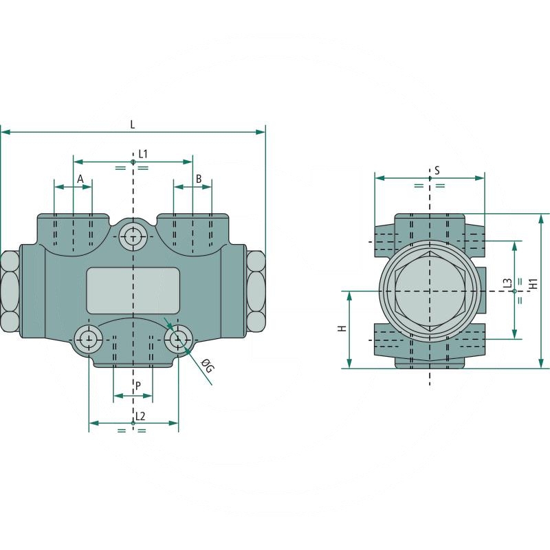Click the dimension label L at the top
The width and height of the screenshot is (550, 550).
click(133, 124)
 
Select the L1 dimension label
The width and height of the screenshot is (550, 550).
click(143, 153)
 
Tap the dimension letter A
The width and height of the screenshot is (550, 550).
click(80, 179)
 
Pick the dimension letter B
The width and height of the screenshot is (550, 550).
click(199, 179)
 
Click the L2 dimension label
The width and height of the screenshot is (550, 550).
click(140, 415)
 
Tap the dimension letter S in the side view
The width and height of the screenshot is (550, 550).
click(437, 169)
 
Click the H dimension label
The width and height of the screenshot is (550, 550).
click(342, 329)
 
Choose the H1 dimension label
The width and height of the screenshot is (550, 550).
click(533, 291)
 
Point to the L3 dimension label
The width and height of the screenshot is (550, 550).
click(507, 285)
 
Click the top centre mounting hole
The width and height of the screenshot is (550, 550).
click(132, 237)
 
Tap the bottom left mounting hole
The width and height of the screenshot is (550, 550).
click(88, 338)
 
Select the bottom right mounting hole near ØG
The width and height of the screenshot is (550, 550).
click(179, 338)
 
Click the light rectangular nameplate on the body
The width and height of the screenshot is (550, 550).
click(133, 291)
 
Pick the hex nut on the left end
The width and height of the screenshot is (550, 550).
click(10, 291)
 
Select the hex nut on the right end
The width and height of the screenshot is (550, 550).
click(256, 291)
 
